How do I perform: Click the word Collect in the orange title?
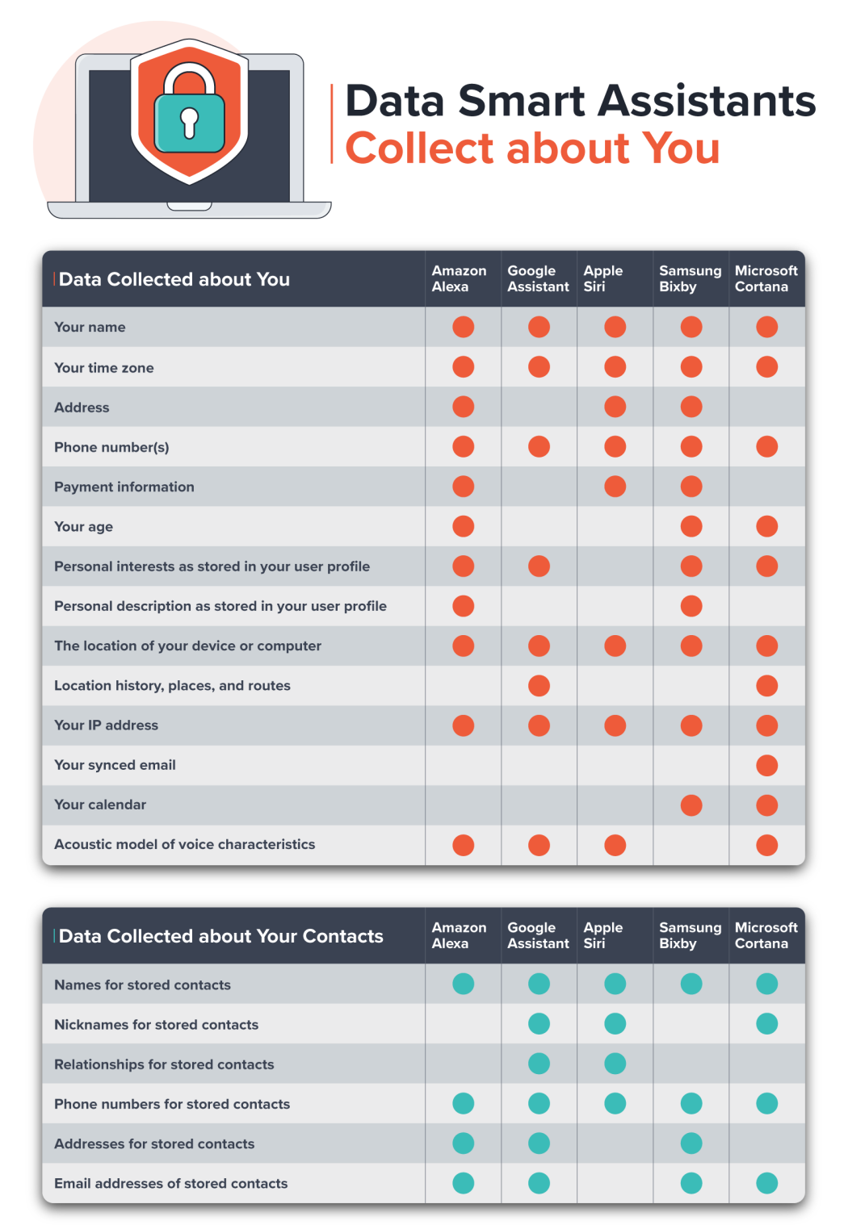click(x=418, y=148)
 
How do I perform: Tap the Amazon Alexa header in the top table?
click(x=459, y=278)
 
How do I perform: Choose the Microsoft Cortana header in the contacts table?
click(x=766, y=935)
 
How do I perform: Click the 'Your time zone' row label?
click(x=103, y=368)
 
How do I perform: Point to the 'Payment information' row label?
click(x=124, y=487)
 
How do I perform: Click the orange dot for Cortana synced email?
click(x=766, y=765)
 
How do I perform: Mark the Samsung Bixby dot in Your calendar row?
click(x=691, y=805)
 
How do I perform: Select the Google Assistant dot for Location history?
click(x=539, y=686)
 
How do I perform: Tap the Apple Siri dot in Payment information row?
click(x=615, y=487)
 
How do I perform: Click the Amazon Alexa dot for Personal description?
click(x=463, y=606)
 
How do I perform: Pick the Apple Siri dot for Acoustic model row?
click(x=615, y=845)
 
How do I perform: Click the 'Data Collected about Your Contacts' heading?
click(x=220, y=936)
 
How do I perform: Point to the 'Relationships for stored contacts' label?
click(x=164, y=1064)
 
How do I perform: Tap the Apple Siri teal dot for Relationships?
click(x=615, y=1064)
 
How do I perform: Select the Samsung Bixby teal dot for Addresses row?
click(x=691, y=1143)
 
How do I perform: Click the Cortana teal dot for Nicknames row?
click(x=766, y=1024)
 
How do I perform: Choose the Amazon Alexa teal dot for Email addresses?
click(x=463, y=1183)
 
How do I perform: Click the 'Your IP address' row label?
click(x=106, y=725)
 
